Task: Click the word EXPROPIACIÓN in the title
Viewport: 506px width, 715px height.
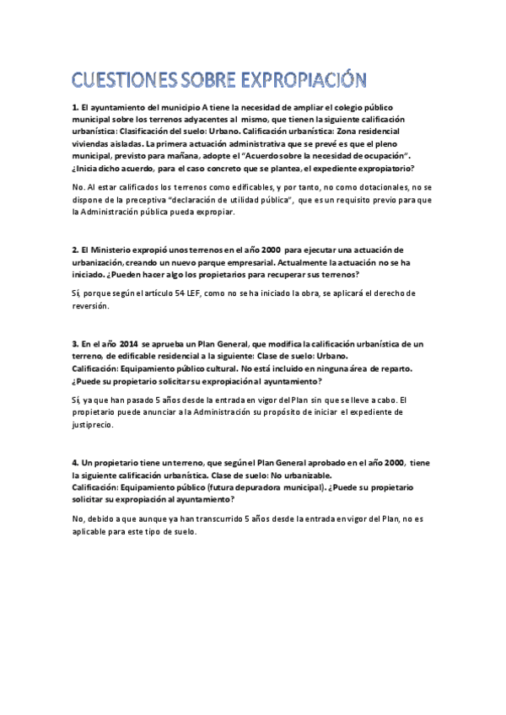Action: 305,81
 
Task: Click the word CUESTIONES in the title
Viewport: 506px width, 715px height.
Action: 124,81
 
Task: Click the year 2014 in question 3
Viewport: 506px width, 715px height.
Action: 129,345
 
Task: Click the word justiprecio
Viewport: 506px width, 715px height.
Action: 94,426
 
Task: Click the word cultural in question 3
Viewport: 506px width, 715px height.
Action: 214,368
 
